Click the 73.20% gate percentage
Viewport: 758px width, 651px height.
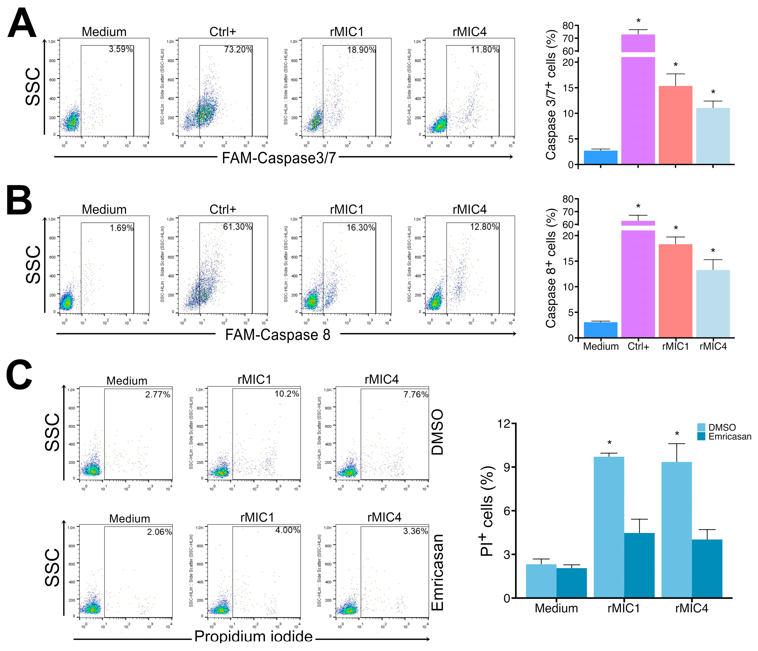coord(238,49)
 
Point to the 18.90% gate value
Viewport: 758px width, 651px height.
coord(361,50)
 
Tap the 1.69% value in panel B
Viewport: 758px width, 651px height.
coord(122,228)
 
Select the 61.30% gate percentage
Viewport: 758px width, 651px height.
coord(237,227)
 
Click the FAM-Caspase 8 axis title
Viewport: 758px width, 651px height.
coord(278,335)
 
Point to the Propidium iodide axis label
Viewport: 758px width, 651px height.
coord(253,637)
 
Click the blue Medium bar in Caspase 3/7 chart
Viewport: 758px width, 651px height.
coord(600,157)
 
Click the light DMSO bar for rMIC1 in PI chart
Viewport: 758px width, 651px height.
coord(609,527)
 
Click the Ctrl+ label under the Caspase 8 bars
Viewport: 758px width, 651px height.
coord(638,346)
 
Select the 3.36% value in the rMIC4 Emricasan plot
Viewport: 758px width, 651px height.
coord(416,531)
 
